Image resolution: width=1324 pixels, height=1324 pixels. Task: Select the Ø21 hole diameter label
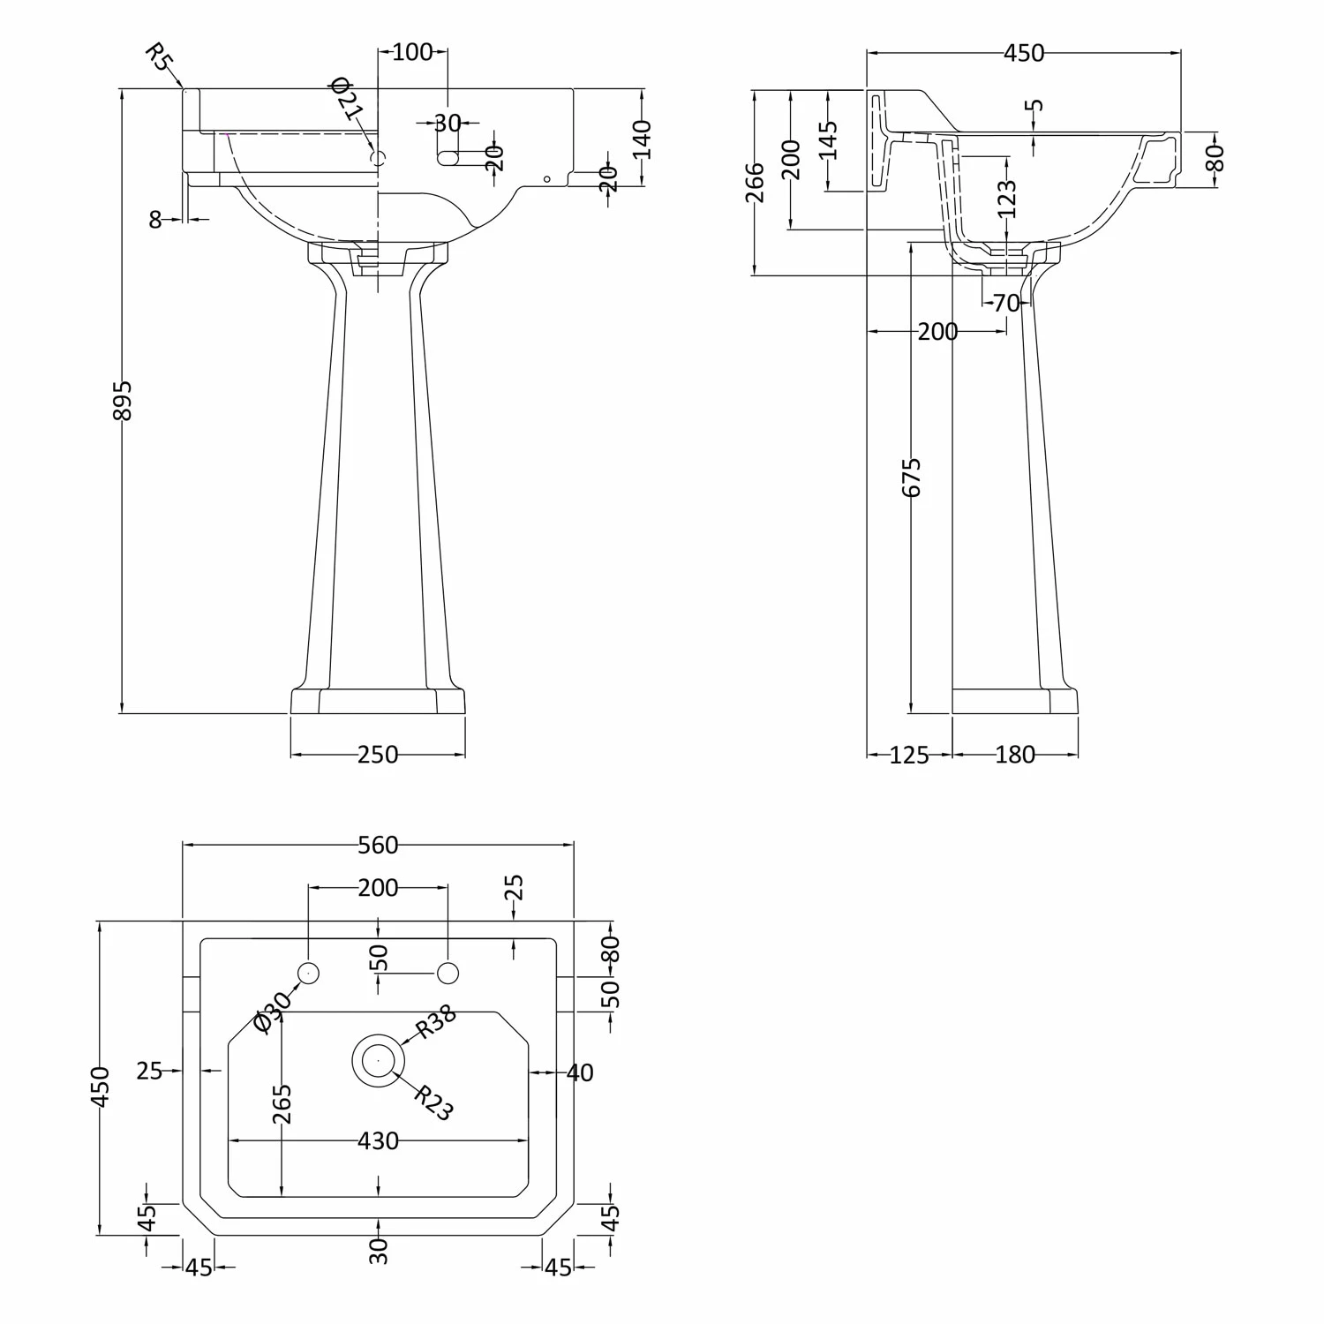pyautogui.click(x=346, y=99)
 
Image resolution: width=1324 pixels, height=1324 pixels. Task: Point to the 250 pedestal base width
pyautogui.click(x=378, y=755)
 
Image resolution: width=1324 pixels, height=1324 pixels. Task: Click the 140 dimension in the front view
pyautogui.click(x=642, y=139)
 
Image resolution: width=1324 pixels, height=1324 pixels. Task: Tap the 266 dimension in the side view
pyautogui.click(x=756, y=182)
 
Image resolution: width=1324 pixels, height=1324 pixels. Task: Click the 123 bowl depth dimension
pyautogui.click(x=1007, y=199)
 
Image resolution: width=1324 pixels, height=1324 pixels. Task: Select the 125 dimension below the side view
pyautogui.click(x=909, y=755)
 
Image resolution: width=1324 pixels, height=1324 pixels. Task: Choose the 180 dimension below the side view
pyautogui.click(x=1015, y=755)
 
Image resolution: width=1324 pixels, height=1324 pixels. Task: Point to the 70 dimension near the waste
pyautogui.click(x=1006, y=304)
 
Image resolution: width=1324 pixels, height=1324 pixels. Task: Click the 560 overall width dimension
pyautogui.click(x=378, y=846)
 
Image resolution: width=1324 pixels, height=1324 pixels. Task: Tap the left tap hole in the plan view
pyautogui.click(x=308, y=973)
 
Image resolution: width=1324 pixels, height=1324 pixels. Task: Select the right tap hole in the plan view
pyautogui.click(x=448, y=973)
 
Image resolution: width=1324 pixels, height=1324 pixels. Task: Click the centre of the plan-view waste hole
pyautogui.click(x=379, y=1058)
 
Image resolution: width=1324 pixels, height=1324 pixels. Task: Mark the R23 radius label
pyautogui.click(x=433, y=1102)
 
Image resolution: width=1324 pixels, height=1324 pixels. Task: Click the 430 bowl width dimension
pyautogui.click(x=378, y=1141)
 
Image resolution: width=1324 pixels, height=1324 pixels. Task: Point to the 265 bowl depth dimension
pyautogui.click(x=282, y=1103)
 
